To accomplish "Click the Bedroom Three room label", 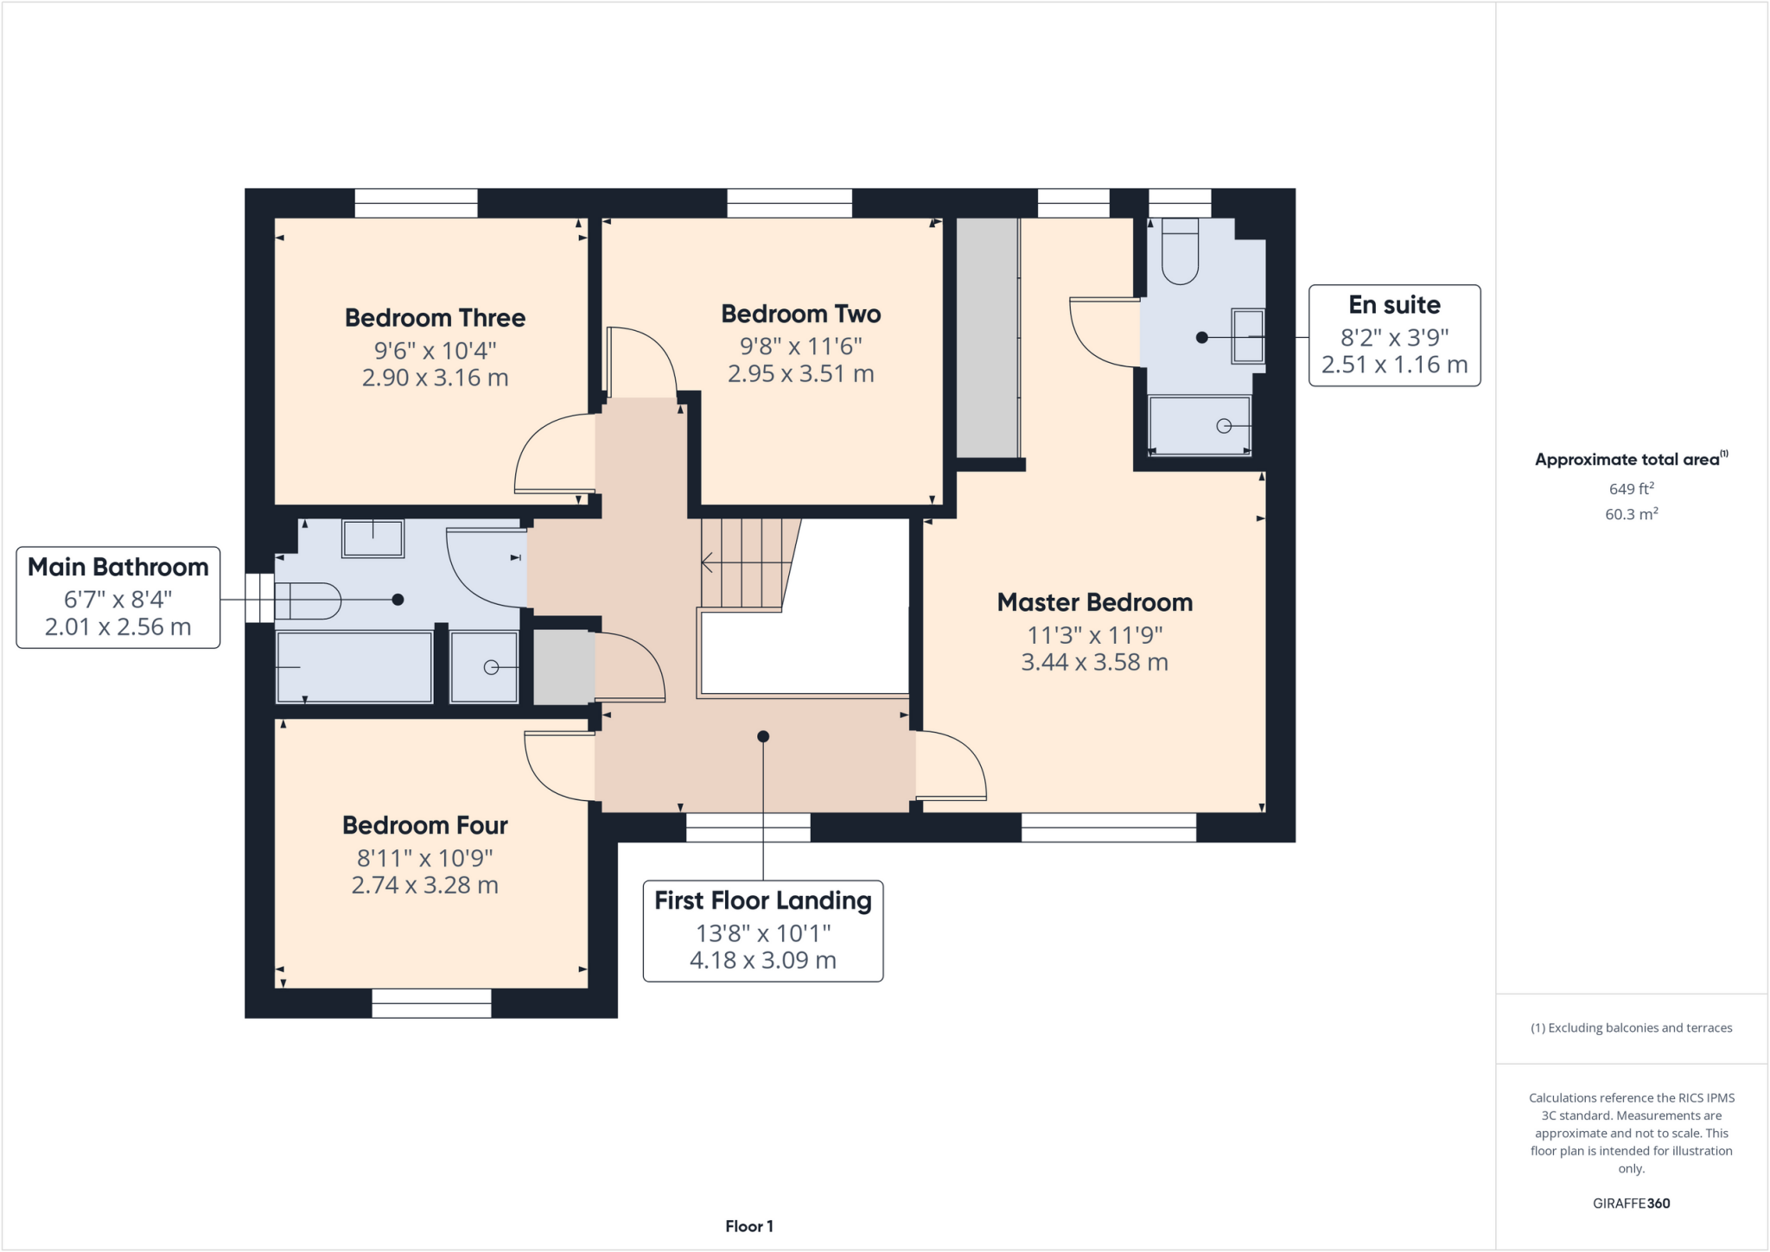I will [x=435, y=318].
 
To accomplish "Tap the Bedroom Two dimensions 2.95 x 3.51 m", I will [x=800, y=374].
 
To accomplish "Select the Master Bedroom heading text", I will [x=1094, y=602].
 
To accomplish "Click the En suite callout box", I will [x=1393, y=335].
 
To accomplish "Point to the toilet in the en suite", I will [x=1180, y=252].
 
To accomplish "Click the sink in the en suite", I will [x=1247, y=336].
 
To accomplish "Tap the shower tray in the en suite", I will [x=1199, y=424].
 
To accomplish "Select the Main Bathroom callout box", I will [x=118, y=597].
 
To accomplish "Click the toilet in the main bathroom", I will [x=308, y=601].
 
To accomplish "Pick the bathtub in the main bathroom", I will [x=354, y=667].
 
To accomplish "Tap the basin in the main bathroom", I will [x=372, y=538].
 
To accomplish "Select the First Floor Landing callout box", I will [x=762, y=931].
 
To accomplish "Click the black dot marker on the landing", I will [x=763, y=737].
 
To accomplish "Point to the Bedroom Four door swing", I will [x=557, y=765].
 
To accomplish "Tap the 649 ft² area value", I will [x=1631, y=489].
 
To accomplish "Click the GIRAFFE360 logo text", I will [x=1631, y=1203].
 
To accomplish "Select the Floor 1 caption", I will [x=748, y=1226].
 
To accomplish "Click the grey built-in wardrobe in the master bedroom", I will [x=987, y=337].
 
